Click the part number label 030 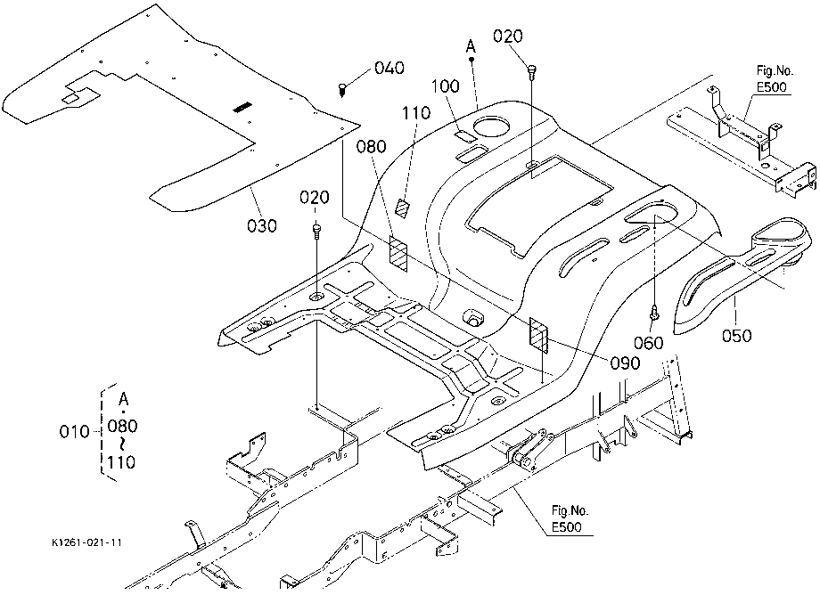pyautogui.click(x=261, y=225)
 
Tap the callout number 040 pyautogui.click(x=389, y=68)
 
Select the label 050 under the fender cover pyautogui.click(x=736, y=336)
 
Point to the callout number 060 pyautogui.click(x=649, y=343)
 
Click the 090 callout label pyautogui.click(x=625, y=363)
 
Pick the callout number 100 pyautogui.click(x=445, y=86)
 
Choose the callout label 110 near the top pyautogui.click(x=416, y=113)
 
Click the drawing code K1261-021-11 pyautogui.click(x=86, y=542)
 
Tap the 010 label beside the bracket pyautogui.click(x=74, y=432)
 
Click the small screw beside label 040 pyautogui.click(x=342, y=89)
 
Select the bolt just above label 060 pyautogui.click(x=653, y=313)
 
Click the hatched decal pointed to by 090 pyautogui.click(x=538, y=335)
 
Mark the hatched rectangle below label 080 pyautogui.click(x=398, y=253)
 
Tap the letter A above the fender pyautogui.click(x=471, y=47)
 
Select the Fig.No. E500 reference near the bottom pyautogui.click(x=570, y=518)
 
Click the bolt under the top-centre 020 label pyautogui.click(x=532, y=71)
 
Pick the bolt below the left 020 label pyautogui.click(x=316, y=231)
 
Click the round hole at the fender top pyautogui.click(x=492, y=126)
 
